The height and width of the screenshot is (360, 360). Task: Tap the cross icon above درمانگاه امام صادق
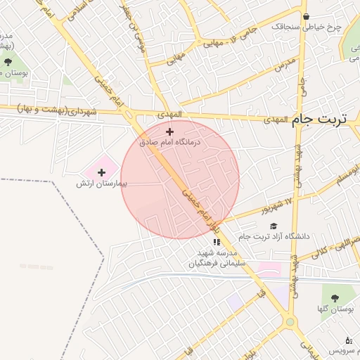pyautogui.click(x=169, y=131)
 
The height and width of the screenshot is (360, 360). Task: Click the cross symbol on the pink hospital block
pyautogui.click(x=101, y=172)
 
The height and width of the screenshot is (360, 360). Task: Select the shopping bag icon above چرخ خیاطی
pyautogui.click(x=306, y=17)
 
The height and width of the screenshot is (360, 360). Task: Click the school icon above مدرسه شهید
pyautogui.click(x=217, y=242)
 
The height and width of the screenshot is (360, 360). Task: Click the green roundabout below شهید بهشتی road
pyautogui.click(x=290, y=321)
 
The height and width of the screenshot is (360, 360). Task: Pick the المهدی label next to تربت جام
pyautogui.click(x=276, y=120)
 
